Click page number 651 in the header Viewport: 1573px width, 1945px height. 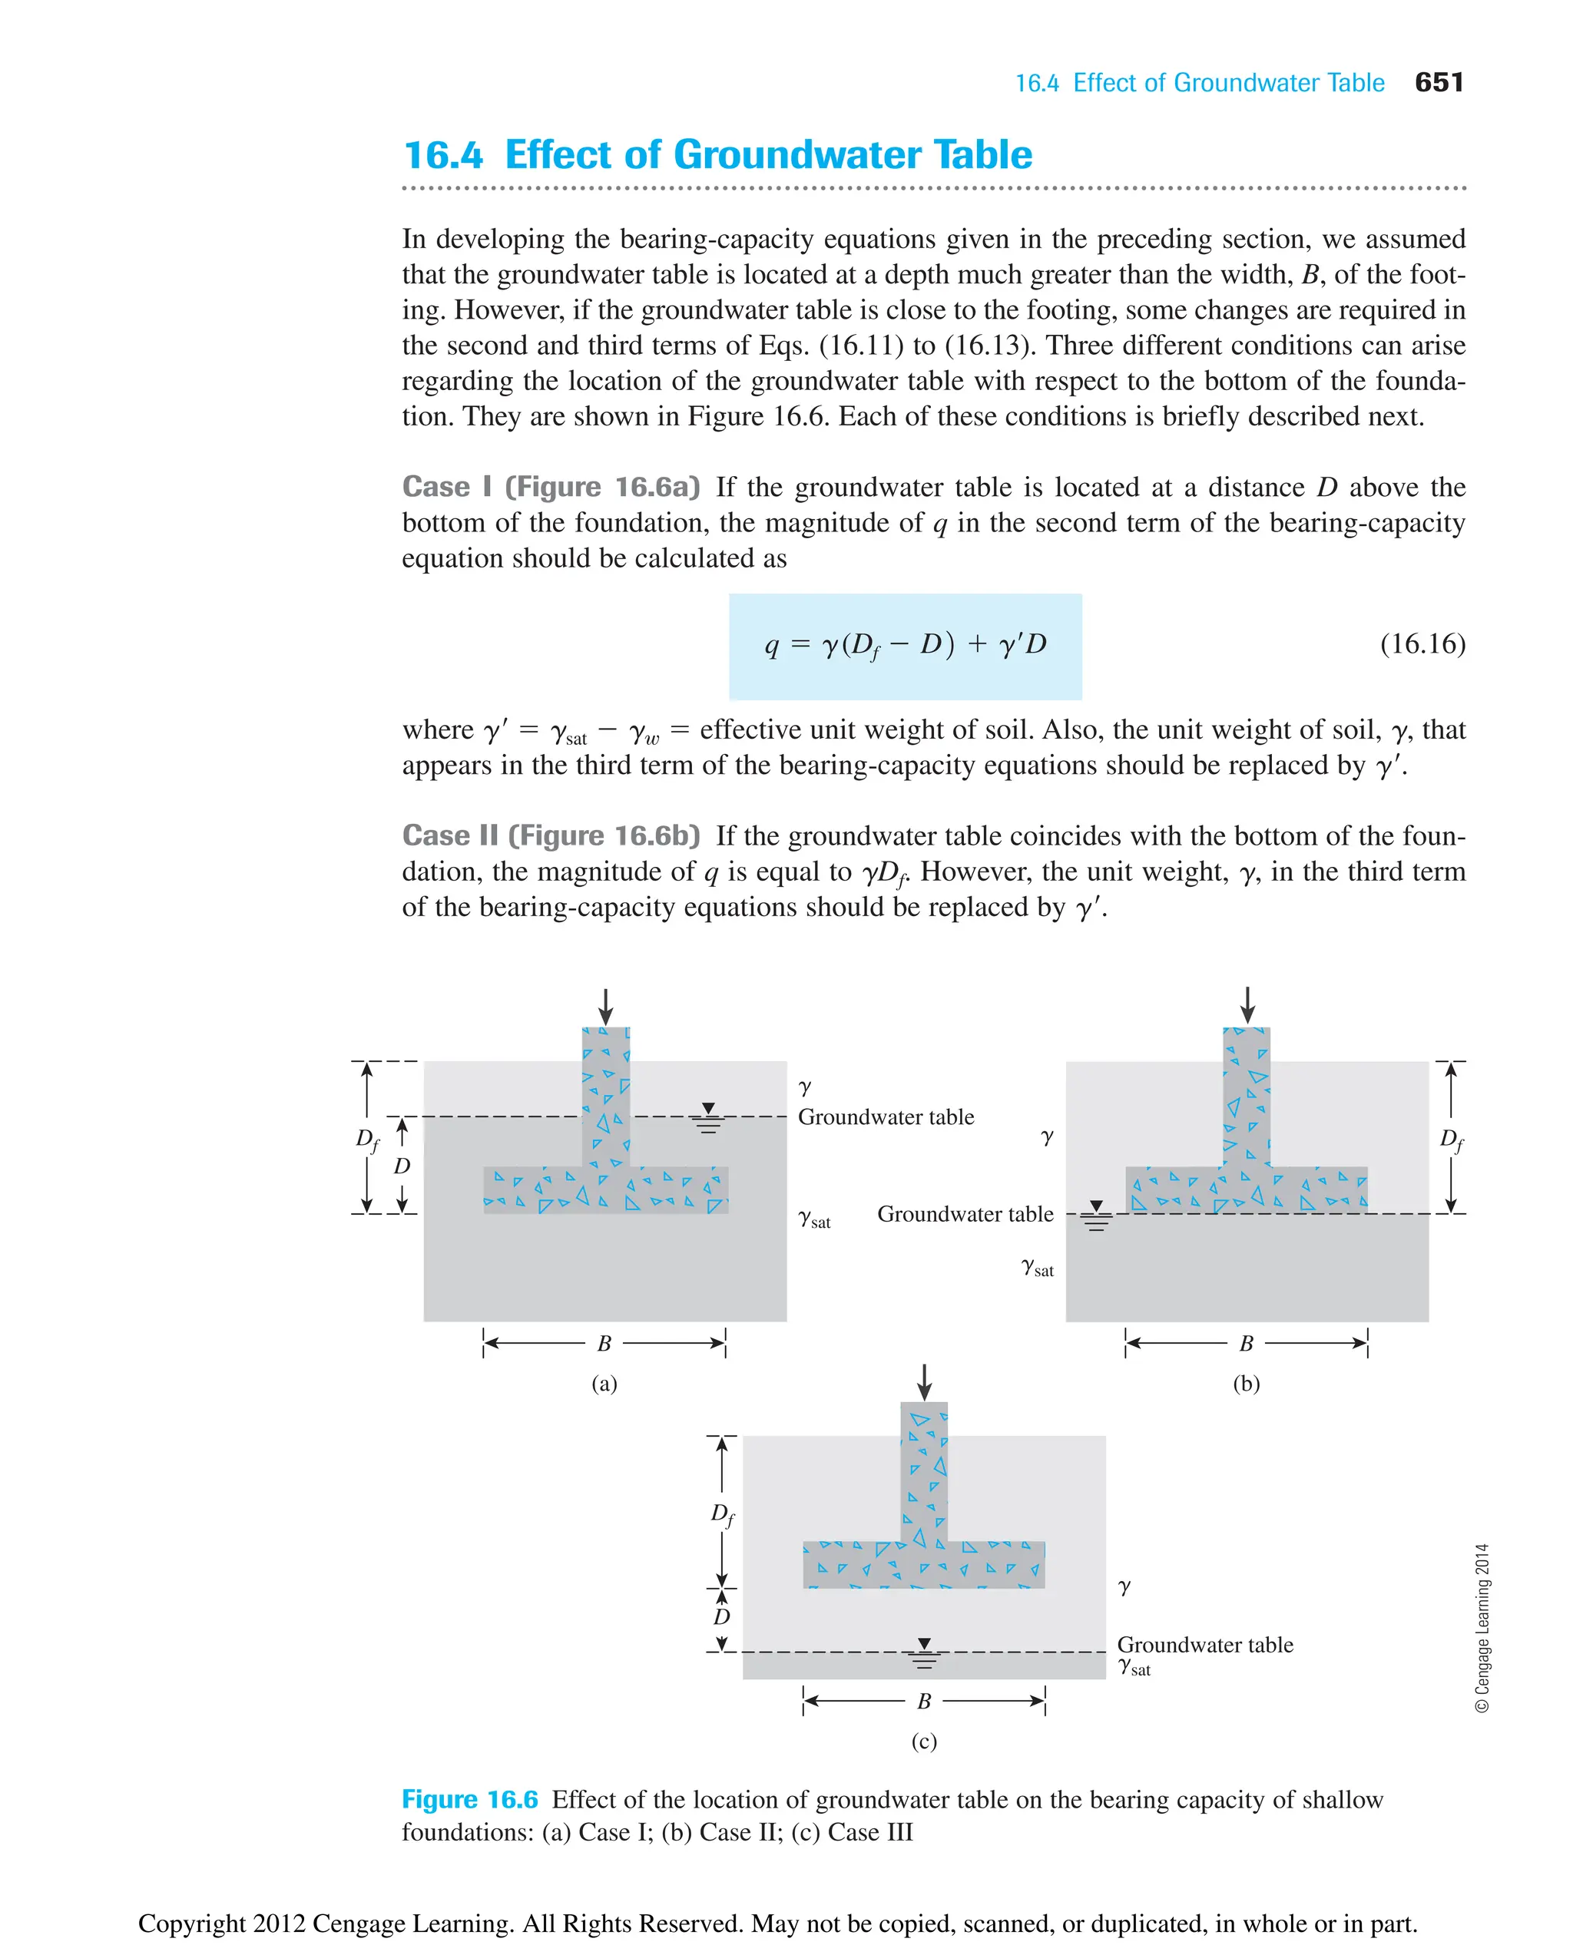pos(1438,82)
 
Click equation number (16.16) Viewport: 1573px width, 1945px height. pos(1422,644)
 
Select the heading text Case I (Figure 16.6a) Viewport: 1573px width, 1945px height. pos(551,487)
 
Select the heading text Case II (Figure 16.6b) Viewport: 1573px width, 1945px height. pos(551,835)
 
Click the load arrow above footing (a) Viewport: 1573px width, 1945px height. pos(605,1007)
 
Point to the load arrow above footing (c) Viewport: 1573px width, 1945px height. pos(923,1381)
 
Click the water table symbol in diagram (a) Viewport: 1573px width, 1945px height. pos(709,1119)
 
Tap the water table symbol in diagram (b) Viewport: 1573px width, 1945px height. pos(1096,1216)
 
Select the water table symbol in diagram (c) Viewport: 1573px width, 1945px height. pos(923,1653)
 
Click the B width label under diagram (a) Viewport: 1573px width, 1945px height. pos(604,1344)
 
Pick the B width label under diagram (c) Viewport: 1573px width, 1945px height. pos(923,1702)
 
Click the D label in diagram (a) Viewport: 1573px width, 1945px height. pos(402,1166)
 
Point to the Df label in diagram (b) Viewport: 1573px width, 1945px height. pos(1452,1140)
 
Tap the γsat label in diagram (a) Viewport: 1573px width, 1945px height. pos(813,1219)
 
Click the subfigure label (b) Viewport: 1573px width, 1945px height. pos(1246,1384)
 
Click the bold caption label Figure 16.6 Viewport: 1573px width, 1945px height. pos(469,1800)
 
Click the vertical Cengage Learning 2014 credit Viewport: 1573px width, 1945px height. pos(1482,1628)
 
